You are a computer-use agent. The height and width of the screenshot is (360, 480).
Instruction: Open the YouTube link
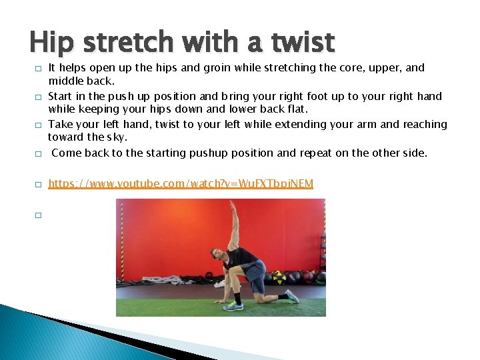tap(181, 183)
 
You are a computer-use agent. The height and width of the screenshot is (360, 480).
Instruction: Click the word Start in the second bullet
tap(60, 96)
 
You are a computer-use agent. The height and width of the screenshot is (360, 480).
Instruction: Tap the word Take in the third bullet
tap(60, 124)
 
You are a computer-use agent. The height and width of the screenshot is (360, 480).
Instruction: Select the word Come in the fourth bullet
tap(65, 153)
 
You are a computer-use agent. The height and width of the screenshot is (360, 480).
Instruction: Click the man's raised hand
tap(232, 204)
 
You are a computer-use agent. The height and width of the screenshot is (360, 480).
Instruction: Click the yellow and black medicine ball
tap(279, 276)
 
